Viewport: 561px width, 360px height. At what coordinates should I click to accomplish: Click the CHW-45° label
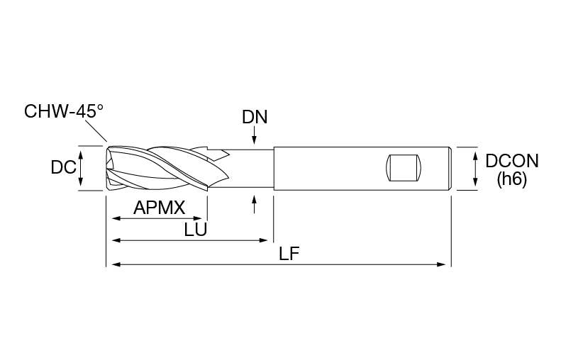pos(64,111)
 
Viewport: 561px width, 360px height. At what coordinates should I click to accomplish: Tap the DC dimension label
pos(64,167)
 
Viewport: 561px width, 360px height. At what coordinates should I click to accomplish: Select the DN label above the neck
pos(255,117)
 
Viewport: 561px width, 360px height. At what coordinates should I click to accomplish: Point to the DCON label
pos(511,161)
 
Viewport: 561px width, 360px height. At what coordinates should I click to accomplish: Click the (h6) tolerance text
pos(511,179)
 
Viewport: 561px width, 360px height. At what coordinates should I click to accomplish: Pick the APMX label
pos(160,208)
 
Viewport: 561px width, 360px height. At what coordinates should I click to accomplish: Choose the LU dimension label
pos(195,230)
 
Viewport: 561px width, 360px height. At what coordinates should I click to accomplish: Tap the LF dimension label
pos(289,254)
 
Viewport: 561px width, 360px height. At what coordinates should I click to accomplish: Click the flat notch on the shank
pos(404,168)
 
